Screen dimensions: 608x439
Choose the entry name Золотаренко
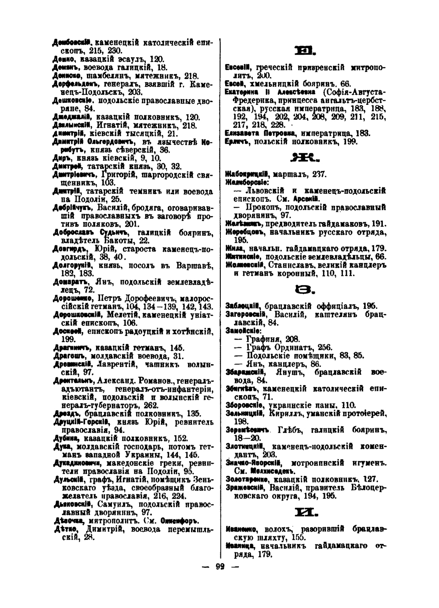(x=248, y=479)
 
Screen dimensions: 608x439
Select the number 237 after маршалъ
(x=317, y=174)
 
